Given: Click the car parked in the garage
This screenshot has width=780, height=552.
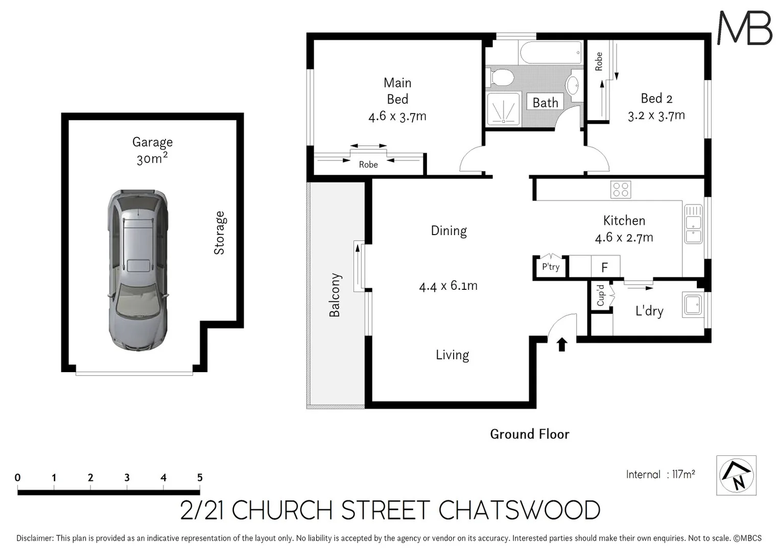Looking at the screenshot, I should point(137,269).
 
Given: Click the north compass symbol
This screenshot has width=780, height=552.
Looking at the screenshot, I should point(736,475).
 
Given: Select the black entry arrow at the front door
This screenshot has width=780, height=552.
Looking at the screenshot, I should point(561,344).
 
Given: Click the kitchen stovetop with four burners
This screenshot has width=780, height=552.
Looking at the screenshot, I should point(621,190).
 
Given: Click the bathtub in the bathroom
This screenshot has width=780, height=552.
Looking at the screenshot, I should point(551,53).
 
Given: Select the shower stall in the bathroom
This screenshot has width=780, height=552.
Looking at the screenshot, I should point(504,109).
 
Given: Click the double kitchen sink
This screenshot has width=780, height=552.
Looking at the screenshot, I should point(693,223).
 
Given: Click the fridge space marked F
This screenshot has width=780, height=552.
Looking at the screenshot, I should point(605,267).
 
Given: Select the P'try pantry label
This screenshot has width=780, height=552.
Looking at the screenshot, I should point(550,267).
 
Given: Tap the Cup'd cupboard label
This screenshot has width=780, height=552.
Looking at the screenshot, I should point(601,295).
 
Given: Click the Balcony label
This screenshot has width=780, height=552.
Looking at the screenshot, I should point(335,295).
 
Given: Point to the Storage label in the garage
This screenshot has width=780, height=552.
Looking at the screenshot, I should point(219,233).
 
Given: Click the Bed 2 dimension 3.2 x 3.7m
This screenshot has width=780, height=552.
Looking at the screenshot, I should point(656,116).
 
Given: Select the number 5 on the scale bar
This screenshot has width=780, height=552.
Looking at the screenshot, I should point(200,477).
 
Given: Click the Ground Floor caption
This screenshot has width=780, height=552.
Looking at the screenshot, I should point(529,434).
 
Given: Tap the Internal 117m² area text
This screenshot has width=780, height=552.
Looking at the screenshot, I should point(660,474).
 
